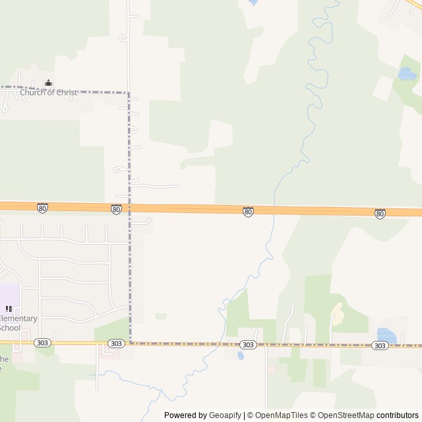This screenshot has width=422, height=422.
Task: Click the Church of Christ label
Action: (x=48, y=92)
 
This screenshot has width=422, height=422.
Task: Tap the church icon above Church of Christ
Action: (x=48, y=83)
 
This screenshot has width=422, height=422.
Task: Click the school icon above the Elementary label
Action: (x=9, y=309)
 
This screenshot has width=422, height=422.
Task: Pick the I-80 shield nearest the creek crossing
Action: (x=248, y=212)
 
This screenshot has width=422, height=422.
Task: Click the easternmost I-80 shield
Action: (x=380, y=214)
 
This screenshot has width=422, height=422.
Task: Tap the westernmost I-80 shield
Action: (x=43, y=208)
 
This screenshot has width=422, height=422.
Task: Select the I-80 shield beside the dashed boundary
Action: (x=116, y=209)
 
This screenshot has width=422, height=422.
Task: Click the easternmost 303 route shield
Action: (x=379, y=346)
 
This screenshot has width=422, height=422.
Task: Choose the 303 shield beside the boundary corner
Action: (x=116, y=344)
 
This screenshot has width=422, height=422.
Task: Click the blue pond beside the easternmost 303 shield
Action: (x=386, y=336)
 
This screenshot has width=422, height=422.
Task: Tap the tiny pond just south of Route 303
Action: (x=240, y=355)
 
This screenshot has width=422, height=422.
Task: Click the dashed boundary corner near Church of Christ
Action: (x=129, y=93)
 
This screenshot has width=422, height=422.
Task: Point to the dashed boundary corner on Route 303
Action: (x=130, y=343)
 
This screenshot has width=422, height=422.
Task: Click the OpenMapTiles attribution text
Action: (x=282, y=415)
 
